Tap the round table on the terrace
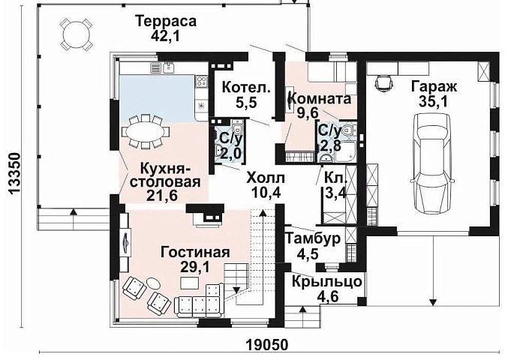72,33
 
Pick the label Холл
266,178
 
